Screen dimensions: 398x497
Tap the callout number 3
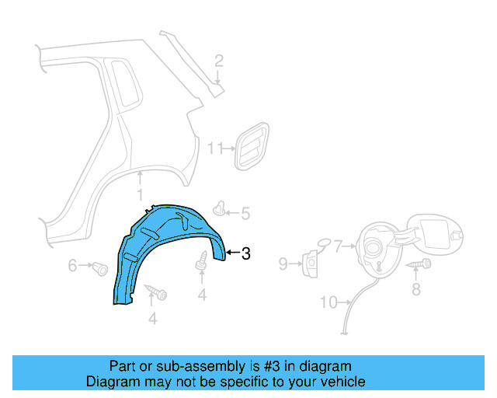(x=245, y=253)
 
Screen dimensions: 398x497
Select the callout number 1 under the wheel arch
(x=140, y=194)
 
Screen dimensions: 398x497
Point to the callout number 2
(x=219, y=61)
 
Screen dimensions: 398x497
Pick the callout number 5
(x=245, y=213)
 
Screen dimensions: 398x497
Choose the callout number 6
(x=73, y=266)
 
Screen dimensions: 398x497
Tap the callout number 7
(x=338, y=247)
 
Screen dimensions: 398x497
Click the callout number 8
(x=415, y=290)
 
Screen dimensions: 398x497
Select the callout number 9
(x=283, y=264)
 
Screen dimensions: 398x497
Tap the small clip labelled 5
(x=223, y=208)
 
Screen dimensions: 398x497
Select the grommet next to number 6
(x=99, y=270)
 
